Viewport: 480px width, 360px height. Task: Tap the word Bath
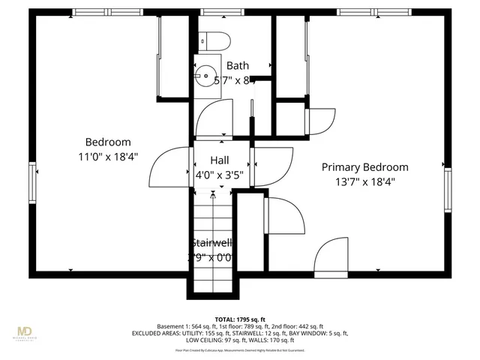[238, 66]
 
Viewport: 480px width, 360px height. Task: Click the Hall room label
[220, 160]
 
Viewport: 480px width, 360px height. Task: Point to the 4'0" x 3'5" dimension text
[220, 175]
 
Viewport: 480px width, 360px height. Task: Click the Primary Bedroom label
[364, 167]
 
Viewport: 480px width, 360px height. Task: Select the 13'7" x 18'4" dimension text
[364, 181]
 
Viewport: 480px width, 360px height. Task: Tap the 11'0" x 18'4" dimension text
[107, 156]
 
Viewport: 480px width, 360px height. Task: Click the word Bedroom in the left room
[107, 142]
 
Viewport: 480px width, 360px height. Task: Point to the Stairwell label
[211, 243]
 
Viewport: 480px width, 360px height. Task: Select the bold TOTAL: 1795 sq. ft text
[240, 319]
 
